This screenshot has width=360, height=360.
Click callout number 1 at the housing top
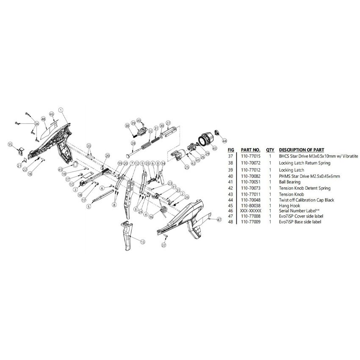[x=61, y=110]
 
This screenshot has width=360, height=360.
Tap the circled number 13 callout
[x=143, y=242]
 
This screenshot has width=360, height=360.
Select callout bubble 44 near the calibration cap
[x=224, y=141]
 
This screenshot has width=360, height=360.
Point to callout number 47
[x=219, y=219]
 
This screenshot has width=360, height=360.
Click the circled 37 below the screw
[x=163, y=245]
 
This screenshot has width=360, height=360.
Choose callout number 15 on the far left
[x=10, y=144]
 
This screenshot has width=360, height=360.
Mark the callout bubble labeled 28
[x=133, y=144]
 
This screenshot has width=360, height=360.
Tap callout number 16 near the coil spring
[x=151, y=216]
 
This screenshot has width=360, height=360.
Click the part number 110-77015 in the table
[x=250, y=156]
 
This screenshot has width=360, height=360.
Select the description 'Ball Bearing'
[x=290, y=182]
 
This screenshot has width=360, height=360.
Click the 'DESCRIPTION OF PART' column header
[x=302, y=150]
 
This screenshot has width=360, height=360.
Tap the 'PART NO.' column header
[x=250, y=150]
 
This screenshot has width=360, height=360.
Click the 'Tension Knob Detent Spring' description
[x=305, y=188]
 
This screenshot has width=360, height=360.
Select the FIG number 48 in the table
[x=230, y=222]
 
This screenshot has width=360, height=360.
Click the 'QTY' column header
[x=270, y=150]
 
